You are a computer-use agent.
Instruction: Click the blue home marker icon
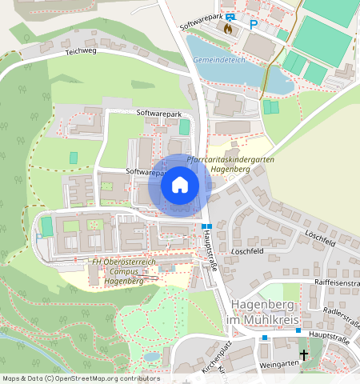point(180,186)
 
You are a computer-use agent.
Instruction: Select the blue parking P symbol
point(254,25)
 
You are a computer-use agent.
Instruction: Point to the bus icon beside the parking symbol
point(231,17)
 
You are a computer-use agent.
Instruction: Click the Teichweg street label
point(80,50)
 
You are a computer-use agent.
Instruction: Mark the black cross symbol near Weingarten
point(304,354)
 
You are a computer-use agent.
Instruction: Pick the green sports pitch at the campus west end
point(46,226)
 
